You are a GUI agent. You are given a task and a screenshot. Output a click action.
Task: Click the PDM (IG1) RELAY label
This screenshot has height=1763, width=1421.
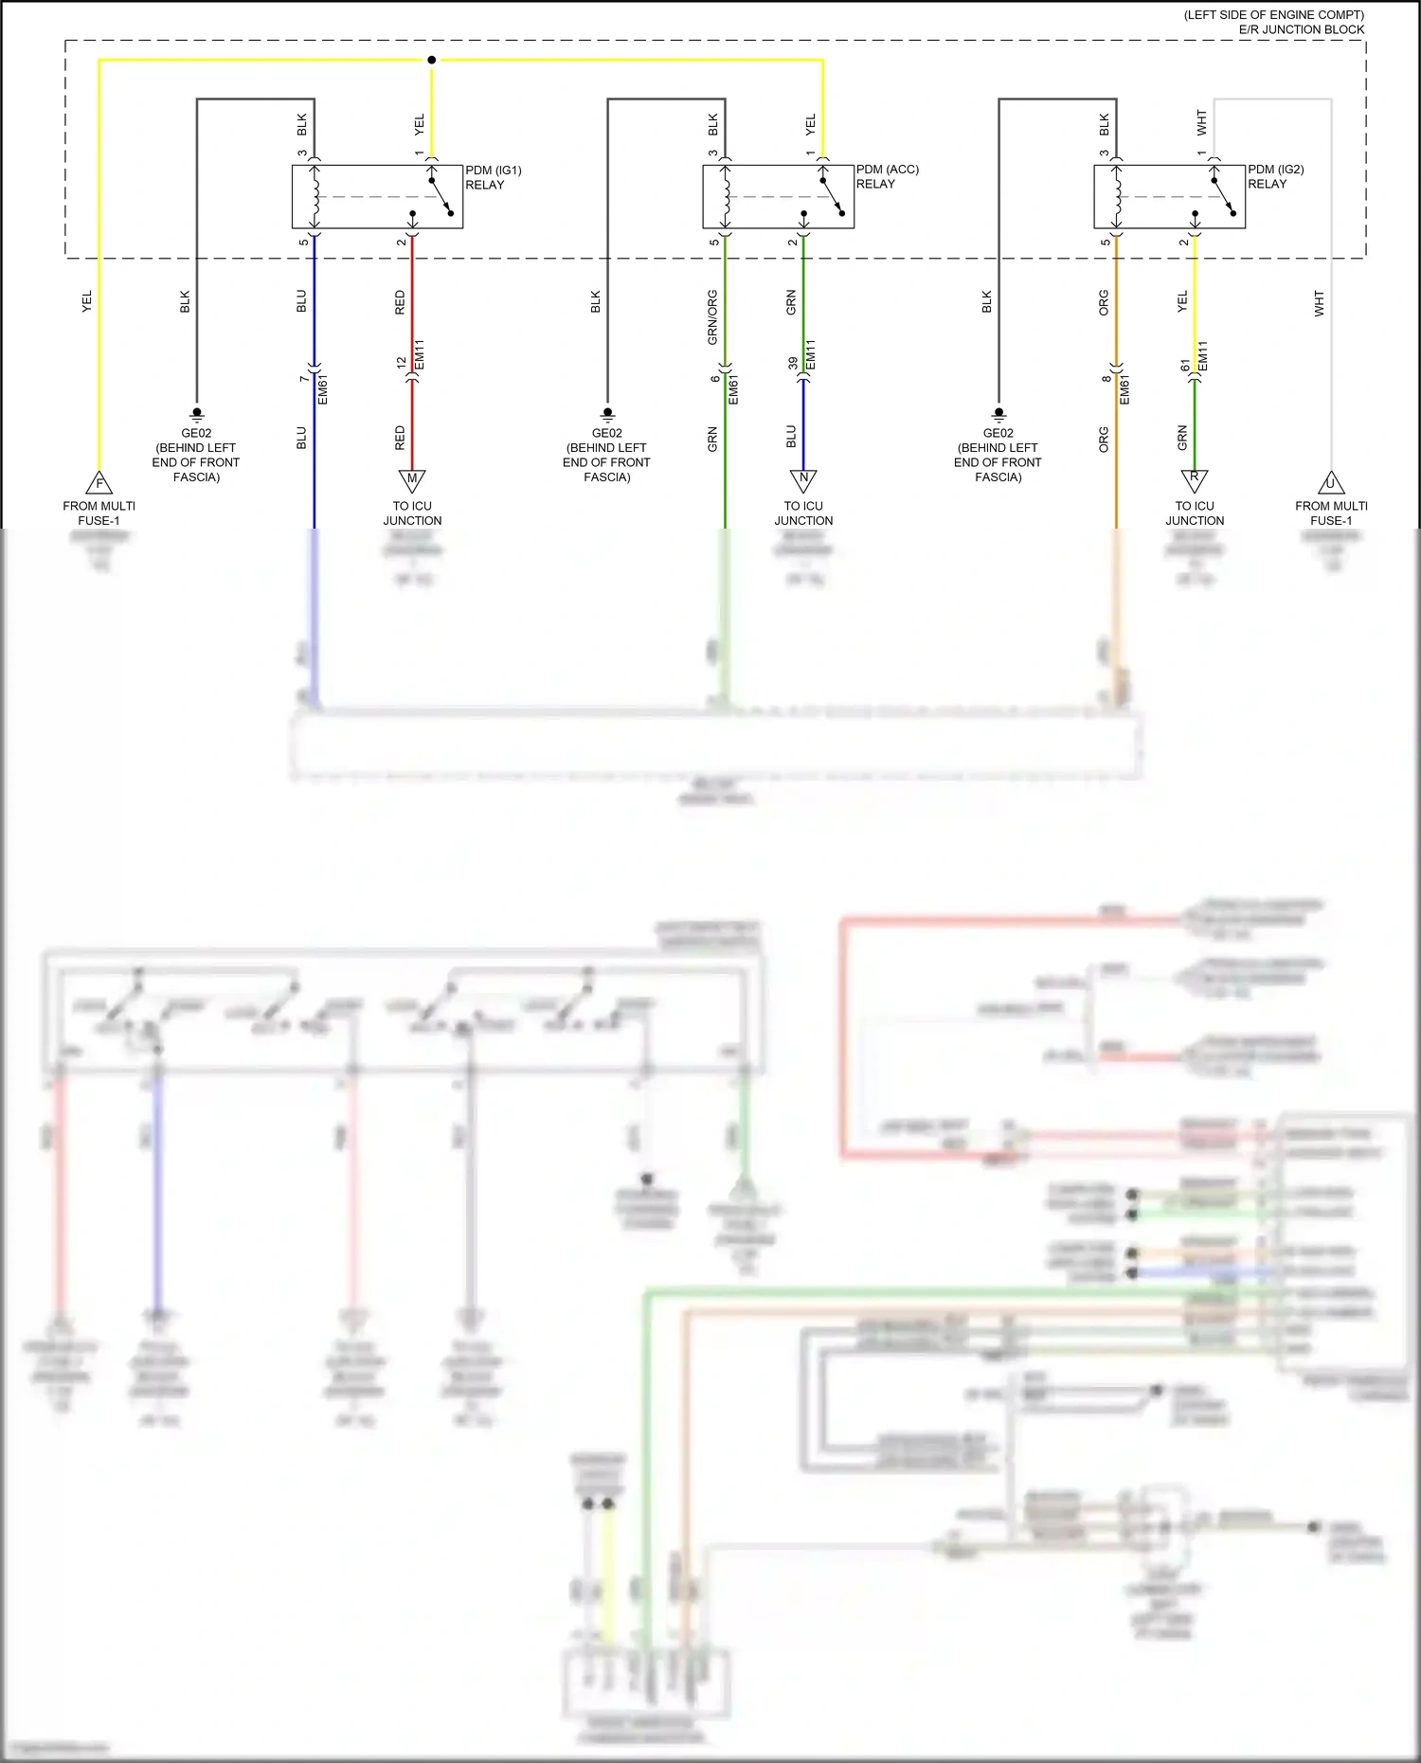[493, 177]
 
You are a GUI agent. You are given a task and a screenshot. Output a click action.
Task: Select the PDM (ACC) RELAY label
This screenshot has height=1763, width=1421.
[887, 176]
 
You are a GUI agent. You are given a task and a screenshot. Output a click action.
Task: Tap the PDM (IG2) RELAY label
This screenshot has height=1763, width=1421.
[1275, 176]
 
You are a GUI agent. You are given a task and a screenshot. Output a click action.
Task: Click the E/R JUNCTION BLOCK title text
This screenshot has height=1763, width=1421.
[1301, 29]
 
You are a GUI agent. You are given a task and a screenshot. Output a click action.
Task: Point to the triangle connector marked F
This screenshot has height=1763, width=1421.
[99, 483]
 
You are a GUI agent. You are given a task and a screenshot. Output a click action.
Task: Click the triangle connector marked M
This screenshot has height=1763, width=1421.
[412, 480]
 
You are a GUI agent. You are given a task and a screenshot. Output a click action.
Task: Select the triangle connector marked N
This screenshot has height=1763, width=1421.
[803, 479]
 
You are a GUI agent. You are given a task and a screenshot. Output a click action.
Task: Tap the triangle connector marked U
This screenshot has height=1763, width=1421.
[1331, 483]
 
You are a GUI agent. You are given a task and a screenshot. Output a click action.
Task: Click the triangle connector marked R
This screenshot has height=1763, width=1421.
[1195, 479]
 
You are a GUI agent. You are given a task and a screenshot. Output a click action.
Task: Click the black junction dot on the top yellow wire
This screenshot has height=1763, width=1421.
[432, 60]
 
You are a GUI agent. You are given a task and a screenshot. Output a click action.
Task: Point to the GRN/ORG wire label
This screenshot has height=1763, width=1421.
[712, 316]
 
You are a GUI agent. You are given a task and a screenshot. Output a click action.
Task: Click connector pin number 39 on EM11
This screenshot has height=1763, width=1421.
[793, 363]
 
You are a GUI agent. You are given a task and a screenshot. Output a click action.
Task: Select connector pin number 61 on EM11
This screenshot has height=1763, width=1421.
[1185, 364]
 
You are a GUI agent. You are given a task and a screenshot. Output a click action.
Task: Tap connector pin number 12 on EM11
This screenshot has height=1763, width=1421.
[402, 363]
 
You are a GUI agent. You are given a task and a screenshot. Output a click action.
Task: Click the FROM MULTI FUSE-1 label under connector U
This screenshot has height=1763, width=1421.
[1331, 513]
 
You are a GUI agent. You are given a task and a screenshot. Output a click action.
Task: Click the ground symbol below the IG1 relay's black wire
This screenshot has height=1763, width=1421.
[197, 413]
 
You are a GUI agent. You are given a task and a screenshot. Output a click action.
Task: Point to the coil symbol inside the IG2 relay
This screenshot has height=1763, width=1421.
[1118, 197]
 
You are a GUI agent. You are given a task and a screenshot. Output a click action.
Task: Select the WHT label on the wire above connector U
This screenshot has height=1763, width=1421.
[1319, 303]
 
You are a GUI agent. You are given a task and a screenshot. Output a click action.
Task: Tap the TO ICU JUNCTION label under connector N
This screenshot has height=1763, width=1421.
[803, 513]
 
